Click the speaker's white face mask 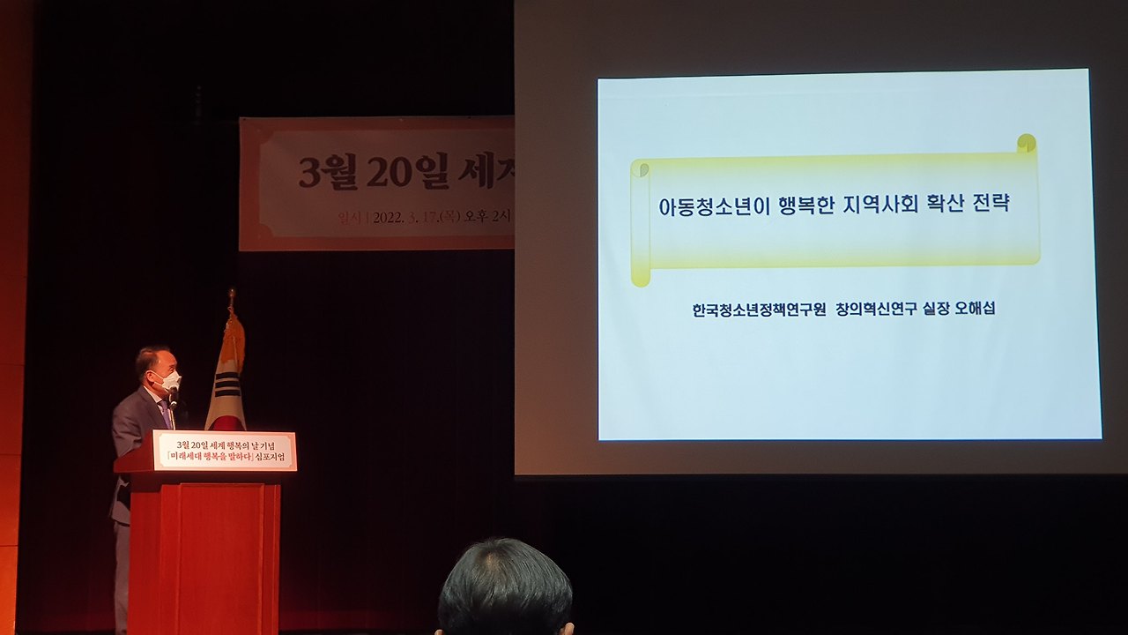[x=167, y=380]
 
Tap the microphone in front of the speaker [x=173, y=396]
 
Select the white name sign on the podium [x=225, y=451]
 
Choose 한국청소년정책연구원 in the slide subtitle [x=758, y=310]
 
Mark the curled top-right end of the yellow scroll [x=1026, y=144]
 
